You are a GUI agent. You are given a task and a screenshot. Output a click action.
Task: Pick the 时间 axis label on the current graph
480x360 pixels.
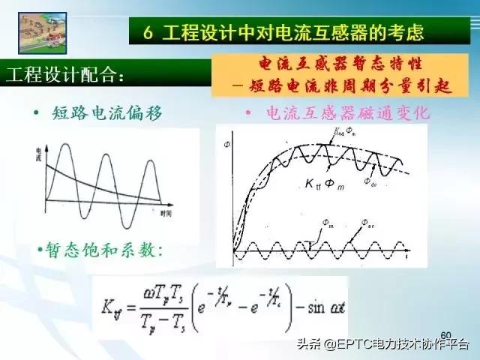click(167, 214)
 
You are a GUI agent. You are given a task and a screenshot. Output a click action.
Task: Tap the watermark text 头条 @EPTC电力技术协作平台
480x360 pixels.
click(382, 345)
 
